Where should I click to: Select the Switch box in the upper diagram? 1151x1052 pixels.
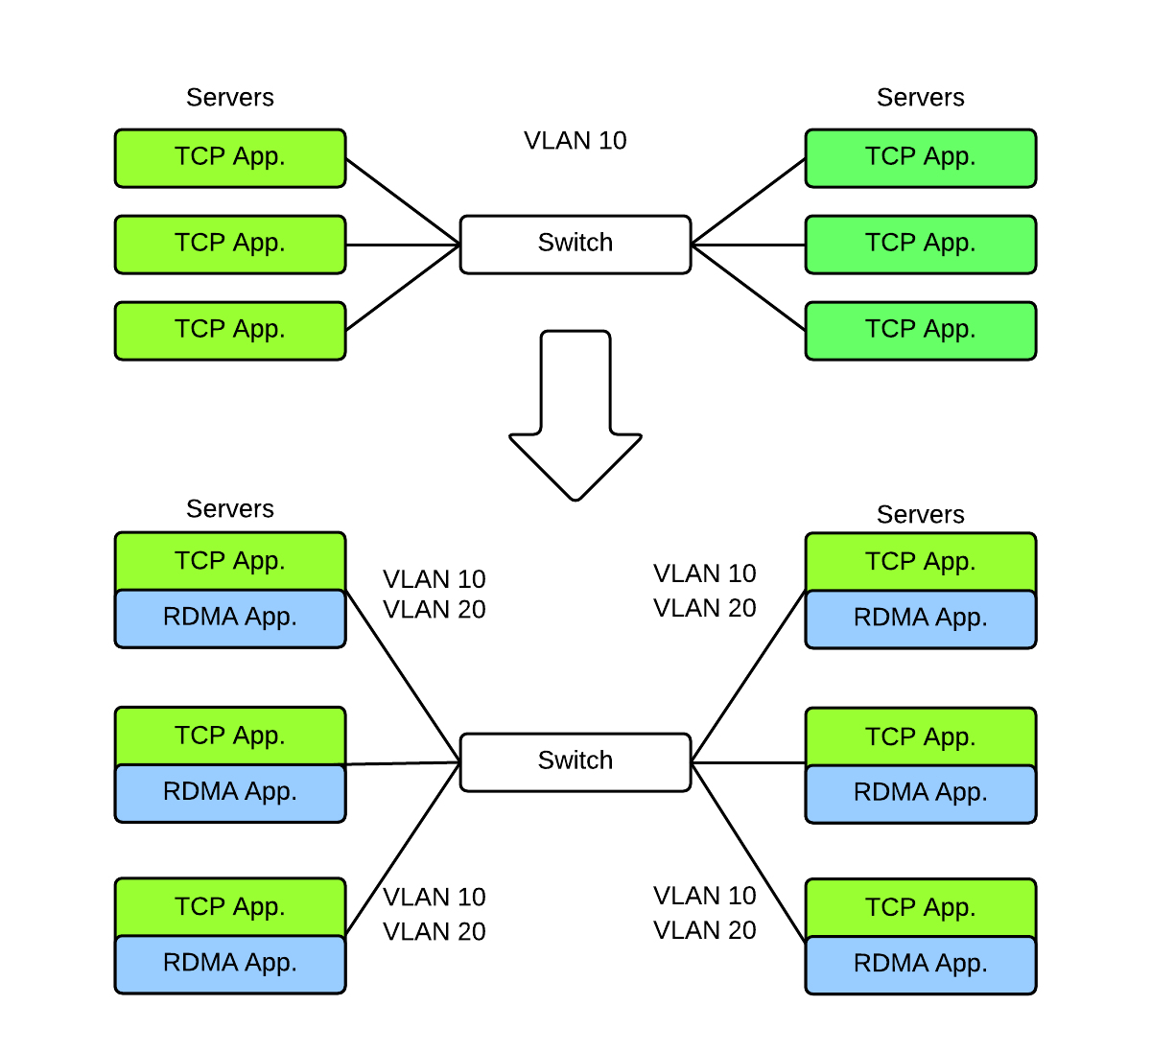[x=575, y=244]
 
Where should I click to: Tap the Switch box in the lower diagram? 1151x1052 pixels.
[x=575, y=761]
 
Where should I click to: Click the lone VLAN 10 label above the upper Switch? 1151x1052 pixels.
[x=575, y=141]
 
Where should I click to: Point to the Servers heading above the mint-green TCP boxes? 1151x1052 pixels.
[x=920, y=98]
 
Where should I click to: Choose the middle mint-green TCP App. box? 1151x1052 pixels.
[x=920, y=244]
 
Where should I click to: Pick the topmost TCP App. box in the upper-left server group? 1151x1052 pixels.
[x=230, y=157]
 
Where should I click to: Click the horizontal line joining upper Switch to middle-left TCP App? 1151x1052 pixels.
[x=403, y=245]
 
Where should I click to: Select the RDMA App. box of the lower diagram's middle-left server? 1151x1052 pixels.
[x=230, y=793]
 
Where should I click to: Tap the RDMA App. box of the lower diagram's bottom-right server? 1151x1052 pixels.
[x=920, y=964]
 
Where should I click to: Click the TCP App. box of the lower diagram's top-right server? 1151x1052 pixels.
[x=920, y=562]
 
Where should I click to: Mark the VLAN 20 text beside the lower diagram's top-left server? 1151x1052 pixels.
[x=434, y=610]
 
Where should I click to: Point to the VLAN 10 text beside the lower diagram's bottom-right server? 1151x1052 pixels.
[x=704, y=896]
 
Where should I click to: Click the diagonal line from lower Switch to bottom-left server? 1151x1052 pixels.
[x=403, y=849]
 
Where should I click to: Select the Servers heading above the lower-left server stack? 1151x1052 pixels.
[x=230, y=509]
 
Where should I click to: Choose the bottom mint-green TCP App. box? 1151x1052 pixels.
[x=920, y=330]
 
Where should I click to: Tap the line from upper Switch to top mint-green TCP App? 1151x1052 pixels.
[x=748, y=201]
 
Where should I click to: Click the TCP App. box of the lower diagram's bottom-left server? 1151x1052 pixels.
[x=230, y=907]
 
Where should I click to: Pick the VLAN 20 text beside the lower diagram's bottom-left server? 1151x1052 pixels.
[x=434, y=932]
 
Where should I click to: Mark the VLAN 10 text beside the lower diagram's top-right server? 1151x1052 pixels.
[x=704, y=573]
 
